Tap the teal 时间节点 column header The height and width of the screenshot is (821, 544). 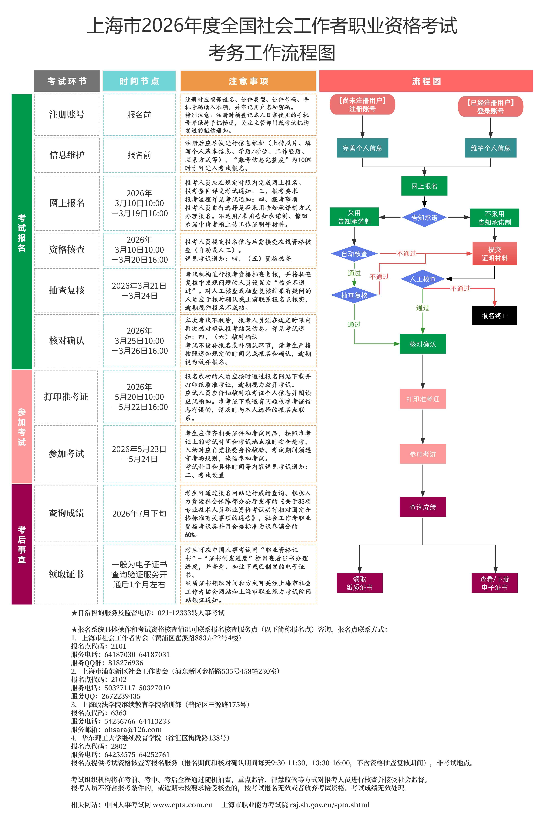coord(139,81)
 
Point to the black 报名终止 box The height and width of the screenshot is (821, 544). coord(494,315)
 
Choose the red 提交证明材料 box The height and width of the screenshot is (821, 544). coord(494,254)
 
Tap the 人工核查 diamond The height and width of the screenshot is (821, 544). coord(423,279)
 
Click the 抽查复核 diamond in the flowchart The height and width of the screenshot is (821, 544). coord(354,295)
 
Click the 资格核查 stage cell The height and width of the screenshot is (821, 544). coord(67,249)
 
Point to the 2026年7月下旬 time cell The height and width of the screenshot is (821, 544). coord(139,513)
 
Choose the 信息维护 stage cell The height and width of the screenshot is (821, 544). coord(67,155)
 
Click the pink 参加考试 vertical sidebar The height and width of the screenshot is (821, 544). coord(21,427)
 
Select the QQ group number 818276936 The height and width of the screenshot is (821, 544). coord(126,663)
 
